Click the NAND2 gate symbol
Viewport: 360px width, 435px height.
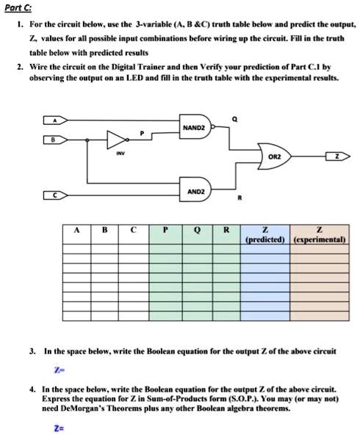(197, 127)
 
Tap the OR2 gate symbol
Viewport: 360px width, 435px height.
(272, 157)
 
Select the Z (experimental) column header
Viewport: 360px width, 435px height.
(320, 234)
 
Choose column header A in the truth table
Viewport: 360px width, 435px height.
(76, 229)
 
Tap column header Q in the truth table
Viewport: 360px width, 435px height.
(195, 229)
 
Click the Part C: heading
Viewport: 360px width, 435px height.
(21, 8)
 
